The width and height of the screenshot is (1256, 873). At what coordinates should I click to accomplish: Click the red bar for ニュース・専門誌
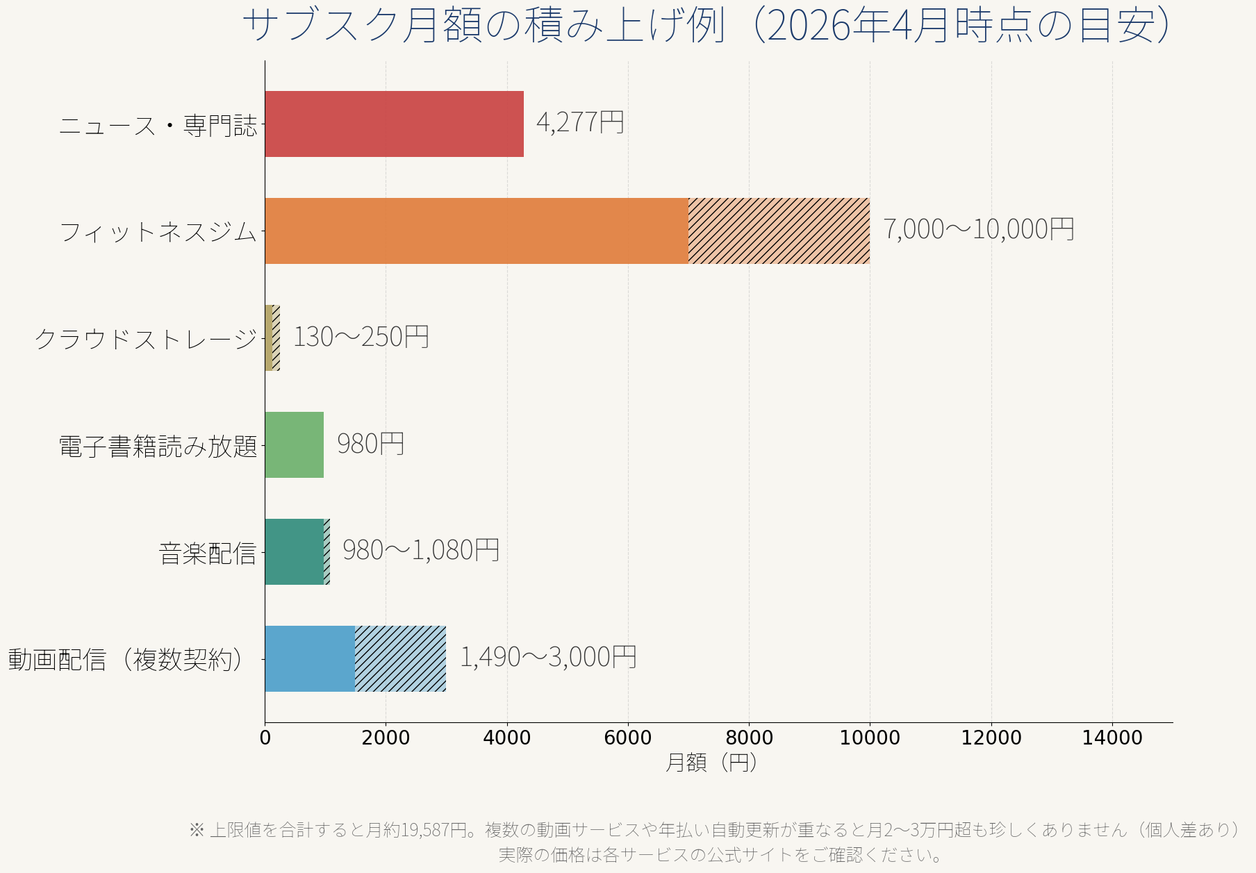coord(394,124)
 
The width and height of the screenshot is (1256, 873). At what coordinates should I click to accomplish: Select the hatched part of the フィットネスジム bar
coord(779,231)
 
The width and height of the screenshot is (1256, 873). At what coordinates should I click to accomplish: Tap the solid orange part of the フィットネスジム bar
coord(477,231)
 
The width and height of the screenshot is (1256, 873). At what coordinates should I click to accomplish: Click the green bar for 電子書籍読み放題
coord(294,444)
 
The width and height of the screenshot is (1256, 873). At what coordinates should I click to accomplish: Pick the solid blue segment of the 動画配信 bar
coord(310,658)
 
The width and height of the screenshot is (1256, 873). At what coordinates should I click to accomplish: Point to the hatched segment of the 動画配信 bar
coord(400,658)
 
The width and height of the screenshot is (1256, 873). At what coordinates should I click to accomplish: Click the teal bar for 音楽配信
coord(294,551)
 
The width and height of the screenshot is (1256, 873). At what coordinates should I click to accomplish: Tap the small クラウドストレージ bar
coord(271,338)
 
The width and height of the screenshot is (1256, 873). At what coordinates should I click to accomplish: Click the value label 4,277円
coord(580,122)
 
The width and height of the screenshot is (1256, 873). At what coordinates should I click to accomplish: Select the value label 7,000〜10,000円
coord(978,229)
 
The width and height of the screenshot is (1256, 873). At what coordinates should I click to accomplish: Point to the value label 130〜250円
coord(361,337)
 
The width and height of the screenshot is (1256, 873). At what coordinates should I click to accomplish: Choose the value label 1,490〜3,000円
coord(548,657)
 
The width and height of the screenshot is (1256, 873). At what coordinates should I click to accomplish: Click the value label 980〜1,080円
coord(420,550)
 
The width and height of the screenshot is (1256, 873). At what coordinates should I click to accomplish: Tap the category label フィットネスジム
coord(158,231)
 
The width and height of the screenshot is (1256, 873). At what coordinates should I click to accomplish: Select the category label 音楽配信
coord(207,554)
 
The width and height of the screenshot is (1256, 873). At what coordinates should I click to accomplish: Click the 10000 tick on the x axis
coord(870,738)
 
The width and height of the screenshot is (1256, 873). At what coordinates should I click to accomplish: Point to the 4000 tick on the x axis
coord(506,738)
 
